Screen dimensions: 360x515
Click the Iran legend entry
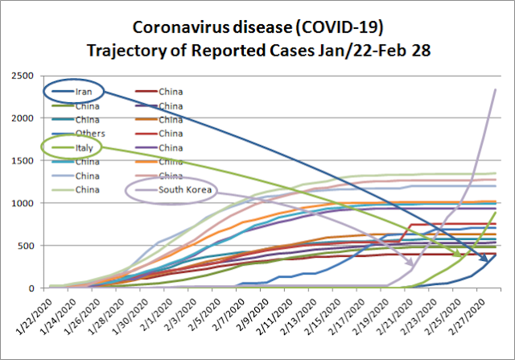click(83, 91)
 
